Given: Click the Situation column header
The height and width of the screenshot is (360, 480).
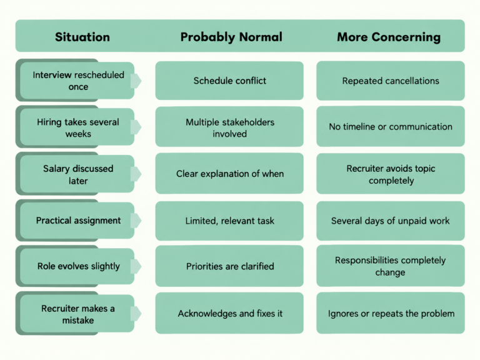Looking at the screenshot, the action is click(x=82, y=37).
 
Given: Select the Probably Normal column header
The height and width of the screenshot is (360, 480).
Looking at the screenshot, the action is click(x=231, y=37).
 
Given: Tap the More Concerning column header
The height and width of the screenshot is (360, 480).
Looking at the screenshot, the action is click(x=389, y=37).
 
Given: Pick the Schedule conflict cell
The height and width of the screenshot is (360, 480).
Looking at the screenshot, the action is click(x=229, y=81).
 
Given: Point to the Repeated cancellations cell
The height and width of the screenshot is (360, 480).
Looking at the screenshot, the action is click(x=391, y=81).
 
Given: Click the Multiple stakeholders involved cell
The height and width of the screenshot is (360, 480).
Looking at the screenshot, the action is click(x=229, y=127).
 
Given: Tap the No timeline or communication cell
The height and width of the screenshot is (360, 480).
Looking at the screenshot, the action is click(x=391, y=126).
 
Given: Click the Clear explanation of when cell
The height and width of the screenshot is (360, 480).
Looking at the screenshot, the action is click(x=229, y=174).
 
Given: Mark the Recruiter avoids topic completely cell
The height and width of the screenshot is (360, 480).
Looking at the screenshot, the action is click(x=391, y=174).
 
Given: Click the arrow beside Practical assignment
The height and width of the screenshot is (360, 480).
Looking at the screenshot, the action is click(x=136, y=220).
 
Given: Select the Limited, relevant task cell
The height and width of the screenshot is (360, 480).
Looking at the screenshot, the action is click(x=229, y=221).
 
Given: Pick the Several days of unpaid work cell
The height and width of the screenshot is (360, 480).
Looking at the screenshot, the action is click(x=391, y=221).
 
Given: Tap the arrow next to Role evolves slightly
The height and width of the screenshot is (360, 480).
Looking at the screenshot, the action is click(x=136, y=266).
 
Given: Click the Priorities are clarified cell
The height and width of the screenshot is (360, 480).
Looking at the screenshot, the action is click(x=229, y=266).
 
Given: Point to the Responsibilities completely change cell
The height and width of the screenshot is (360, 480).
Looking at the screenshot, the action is click(x=391, y=266).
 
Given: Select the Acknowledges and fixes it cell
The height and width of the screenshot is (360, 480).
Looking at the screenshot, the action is click(x=229, y=313).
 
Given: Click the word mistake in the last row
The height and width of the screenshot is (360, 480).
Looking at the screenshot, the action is click(x=78, y=320).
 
